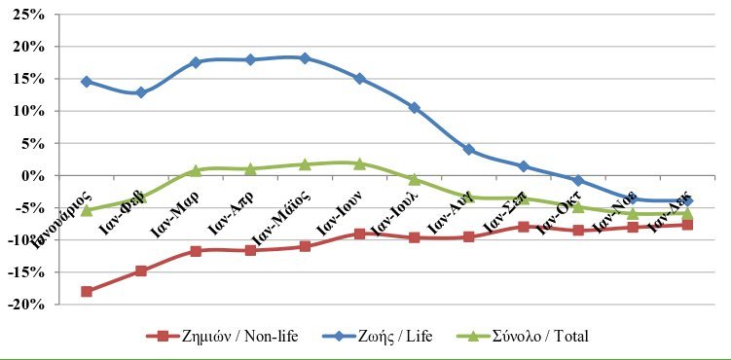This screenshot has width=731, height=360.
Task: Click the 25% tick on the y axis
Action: pos(28,15)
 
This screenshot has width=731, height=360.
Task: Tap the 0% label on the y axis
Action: pos(32,176)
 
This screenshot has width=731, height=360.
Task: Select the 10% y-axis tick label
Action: pos(28,111)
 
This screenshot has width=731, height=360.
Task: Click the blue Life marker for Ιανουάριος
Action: pos(87,82)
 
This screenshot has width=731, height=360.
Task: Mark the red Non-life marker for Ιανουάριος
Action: pos(87,291)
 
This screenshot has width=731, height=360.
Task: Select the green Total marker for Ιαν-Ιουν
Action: pos(359,163)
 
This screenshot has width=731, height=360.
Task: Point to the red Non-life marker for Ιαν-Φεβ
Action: pos(141,270)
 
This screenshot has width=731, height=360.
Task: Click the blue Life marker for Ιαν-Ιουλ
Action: pos(414,107)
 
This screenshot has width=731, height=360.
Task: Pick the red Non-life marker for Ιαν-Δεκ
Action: pos(687,225)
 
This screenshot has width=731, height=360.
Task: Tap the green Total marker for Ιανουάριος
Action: pos(87,209)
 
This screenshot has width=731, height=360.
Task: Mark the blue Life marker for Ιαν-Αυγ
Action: pos(468,150)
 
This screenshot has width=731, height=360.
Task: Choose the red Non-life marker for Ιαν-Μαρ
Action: pos(196,251)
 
